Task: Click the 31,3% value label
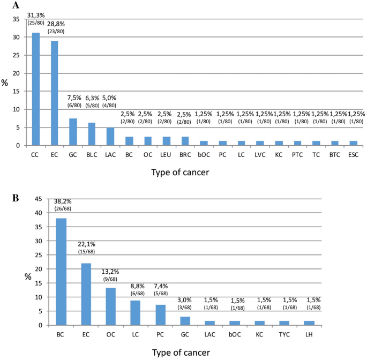[36, 15]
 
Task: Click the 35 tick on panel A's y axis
[17, 19]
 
